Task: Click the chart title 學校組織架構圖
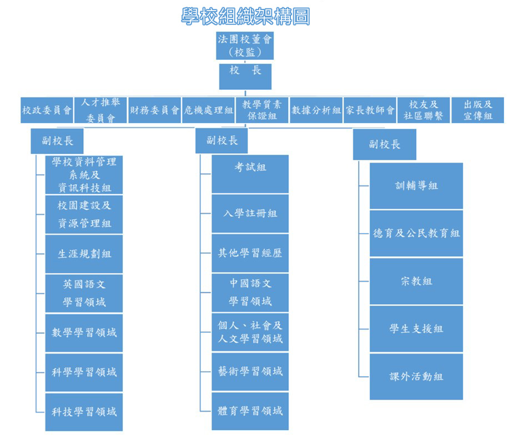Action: coord(245,16)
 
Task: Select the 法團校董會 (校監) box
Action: coord(245,45)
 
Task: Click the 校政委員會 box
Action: coord(47,110)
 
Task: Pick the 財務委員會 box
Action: coord(155,110)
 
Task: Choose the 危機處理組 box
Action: coord(209,110)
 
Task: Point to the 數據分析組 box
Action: coord(316,110)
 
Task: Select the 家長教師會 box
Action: coord(370,110)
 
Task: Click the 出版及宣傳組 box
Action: coord(478,110)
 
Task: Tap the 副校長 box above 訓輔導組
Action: coord(385,144)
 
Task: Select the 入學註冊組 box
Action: coord(250,214)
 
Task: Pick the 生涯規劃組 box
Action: coord(84,254)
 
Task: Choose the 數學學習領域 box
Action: coord(84,332)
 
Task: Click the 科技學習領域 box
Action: coord(84,411)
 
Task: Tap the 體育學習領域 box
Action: coord(250,411)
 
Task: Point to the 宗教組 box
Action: coord(416,281)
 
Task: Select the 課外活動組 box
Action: coord(416,376)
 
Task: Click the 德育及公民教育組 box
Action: coord(416,233)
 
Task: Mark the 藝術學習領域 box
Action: coord(250,371)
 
